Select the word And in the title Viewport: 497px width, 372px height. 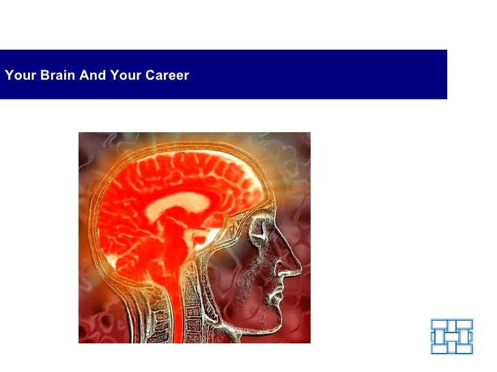(x=90, y=75)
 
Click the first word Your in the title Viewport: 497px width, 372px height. (x=20, y=75)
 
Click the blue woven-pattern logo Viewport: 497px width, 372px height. (x=452, y=336)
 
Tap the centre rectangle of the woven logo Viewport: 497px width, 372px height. (x=452, y=336)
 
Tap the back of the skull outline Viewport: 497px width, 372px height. (x=96, y=218)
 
